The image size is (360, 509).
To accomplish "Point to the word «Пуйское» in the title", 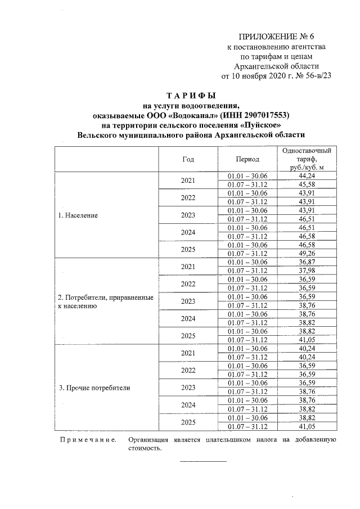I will [256, 125].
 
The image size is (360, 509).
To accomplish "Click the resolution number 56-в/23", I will [310, 76].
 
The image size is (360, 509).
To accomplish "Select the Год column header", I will [188, 159].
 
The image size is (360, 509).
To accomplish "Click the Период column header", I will [247, 159].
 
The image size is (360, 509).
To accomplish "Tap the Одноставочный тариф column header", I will [305, 159].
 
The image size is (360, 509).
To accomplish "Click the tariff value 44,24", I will [305, 176].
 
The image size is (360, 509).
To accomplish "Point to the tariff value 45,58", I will [305, 184].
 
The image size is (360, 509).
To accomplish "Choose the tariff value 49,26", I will [305, 254].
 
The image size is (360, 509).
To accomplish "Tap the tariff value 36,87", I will [305, 262].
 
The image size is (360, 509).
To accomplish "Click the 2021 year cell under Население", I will [188, 181].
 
